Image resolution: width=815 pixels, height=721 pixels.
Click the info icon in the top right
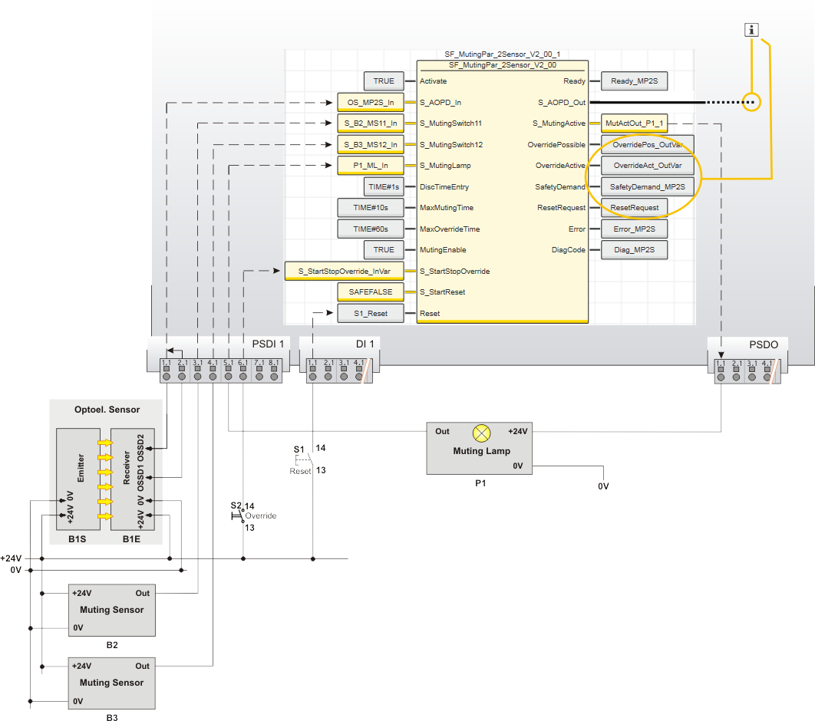click(x=752, y=30)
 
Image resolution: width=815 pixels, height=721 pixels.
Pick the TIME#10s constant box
click(x=371, y=208)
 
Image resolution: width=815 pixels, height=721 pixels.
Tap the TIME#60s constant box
click(x=371, y=229)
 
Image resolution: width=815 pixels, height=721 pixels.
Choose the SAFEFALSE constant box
click(x=371, y=292)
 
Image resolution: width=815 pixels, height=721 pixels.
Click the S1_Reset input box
click(x=371, y=314)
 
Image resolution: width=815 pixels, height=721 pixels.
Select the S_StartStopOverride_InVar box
click(x=344, y=271)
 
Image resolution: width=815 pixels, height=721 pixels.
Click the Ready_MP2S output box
click(x=634, y=81)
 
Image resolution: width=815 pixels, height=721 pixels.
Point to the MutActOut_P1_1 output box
click(x=634, y=123)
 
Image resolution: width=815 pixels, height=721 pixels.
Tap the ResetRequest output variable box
click(x=634, y=208)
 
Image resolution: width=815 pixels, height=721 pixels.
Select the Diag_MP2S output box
click(x=634, y=250)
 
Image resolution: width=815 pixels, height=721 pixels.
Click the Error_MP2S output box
click(x=634, y=229)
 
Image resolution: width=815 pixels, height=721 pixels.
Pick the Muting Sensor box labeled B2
click(x=111, y=610)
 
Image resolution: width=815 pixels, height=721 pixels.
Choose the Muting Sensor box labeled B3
click(x=111, y=682)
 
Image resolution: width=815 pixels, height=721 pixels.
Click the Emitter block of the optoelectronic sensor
click(x=79, y=479)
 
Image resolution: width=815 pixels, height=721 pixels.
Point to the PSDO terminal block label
click(x=763, y=344)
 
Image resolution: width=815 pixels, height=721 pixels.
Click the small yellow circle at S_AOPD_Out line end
click(x=752, y=102)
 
